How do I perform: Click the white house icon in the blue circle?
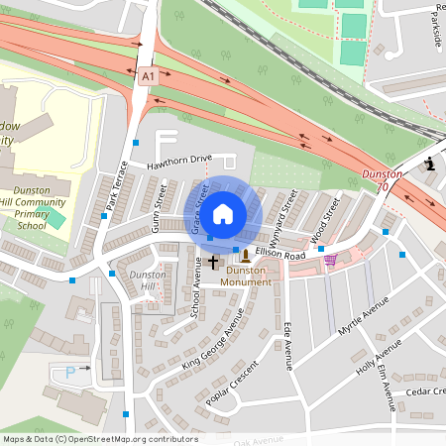(223, 213)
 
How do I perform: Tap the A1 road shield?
(148, 75)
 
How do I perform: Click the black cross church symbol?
(213, 263)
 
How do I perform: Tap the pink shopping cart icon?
(330, 260)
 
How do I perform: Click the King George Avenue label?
(212, 340)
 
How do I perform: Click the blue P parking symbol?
(69, 371)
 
